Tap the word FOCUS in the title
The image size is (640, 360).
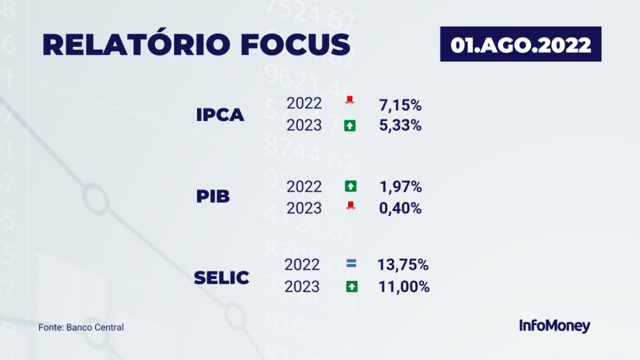(296, 44)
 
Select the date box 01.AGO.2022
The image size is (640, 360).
(521, 44)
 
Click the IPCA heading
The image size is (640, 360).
(220, 115)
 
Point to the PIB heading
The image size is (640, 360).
(212, 196)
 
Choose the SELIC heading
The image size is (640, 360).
(221, 278)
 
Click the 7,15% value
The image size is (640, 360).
(400, 106)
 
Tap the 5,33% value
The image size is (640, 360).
(400, 125)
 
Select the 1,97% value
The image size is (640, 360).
(400, 187)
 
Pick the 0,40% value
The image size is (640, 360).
(400, 208)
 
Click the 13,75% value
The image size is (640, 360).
(403, 265)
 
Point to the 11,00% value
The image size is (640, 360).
(404, 287)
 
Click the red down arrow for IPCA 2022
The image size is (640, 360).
(349, 101)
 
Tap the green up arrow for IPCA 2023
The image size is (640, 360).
(350, 126)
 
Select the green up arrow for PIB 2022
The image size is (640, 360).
(351, 186)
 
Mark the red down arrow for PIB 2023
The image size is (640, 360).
(350, 206)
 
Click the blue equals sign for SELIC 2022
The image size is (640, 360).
(351, 264)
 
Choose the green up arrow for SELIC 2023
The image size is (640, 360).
(352, 287)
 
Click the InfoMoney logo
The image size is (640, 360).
(554, 326)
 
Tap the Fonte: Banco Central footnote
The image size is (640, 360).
(81, 327)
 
